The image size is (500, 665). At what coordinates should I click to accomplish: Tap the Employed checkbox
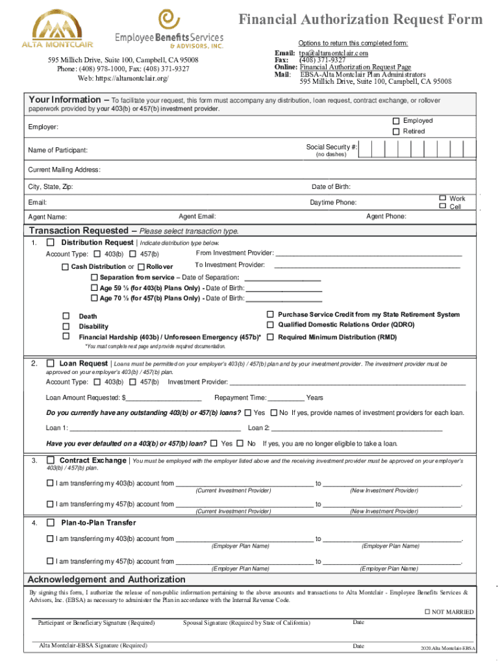pyautogui.click(x=395, y=121)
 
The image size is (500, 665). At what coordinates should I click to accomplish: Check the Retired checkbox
pyautogui.click(x=395, y=132)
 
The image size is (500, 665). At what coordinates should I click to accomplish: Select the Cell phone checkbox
pyautogui.click(x=442, y=207)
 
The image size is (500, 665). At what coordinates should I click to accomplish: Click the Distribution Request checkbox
pyautogui.click(x=51, y=242)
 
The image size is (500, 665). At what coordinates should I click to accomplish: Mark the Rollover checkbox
pyautogui.click(x=142, y=267)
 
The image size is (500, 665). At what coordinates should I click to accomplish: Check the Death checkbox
pyautogui.click(x=66, y=316)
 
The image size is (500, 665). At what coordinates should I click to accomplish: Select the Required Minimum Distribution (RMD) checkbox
pyautogui.click(x=271, y=337)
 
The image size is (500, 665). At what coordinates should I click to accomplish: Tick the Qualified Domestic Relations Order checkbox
pyautogui.click(x=271, y=325)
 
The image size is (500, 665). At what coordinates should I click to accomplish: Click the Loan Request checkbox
pyautogui.click(x=51, y=364)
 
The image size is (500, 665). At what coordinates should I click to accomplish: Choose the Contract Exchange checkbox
pyautogui.click(x=51, y=460)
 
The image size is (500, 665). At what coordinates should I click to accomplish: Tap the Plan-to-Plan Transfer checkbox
pyautogui.click(x=51, y=523)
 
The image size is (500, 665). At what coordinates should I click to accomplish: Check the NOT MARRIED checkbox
pyautogui.click(x=427, y=612)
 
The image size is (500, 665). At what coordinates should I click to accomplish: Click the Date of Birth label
pyautogui.click(x=331, y=187)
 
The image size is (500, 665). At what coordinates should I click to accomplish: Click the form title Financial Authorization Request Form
pyautogui.click(x=361, y=19)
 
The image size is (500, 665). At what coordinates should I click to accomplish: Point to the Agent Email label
pyautogui.click(x=197, y=216)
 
